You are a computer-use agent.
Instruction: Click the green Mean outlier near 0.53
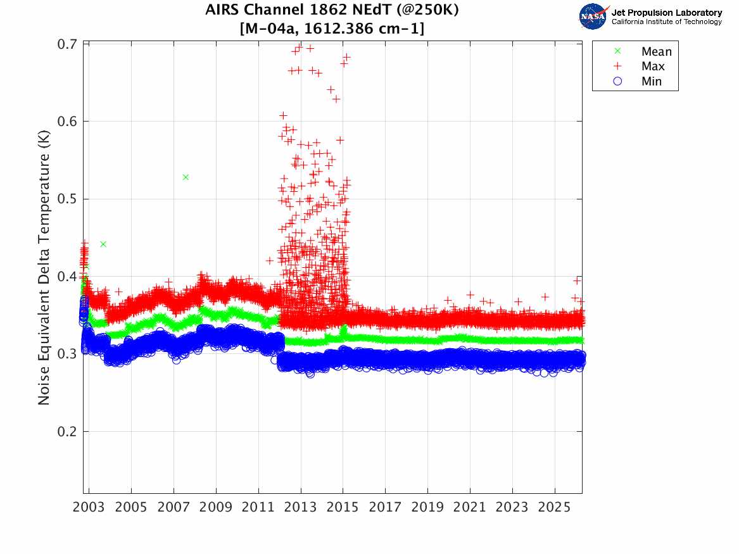[x=186, y=177]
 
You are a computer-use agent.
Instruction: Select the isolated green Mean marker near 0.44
[x=103, y=244]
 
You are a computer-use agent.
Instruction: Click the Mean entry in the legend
[x=655, y=51]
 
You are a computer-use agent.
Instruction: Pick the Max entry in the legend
[x=652, y=66]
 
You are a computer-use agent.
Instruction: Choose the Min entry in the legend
[x=651, y=82]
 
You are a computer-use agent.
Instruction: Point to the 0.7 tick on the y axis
[x=68, y=44]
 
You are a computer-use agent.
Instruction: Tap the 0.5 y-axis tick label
[x=68, y=199]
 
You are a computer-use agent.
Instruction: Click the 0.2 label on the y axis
[x=68, y=432]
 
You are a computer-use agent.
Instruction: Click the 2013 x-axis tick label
[x=301, y=507]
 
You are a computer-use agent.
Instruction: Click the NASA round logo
[x=593, y=17]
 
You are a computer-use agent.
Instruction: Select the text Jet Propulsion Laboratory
[x=667, y=13]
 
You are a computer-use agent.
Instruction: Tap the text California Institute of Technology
[x=667, y=22]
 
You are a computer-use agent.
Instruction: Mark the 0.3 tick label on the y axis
[x=68, y=354]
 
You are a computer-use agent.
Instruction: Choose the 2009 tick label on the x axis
[x=216, y=507]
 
